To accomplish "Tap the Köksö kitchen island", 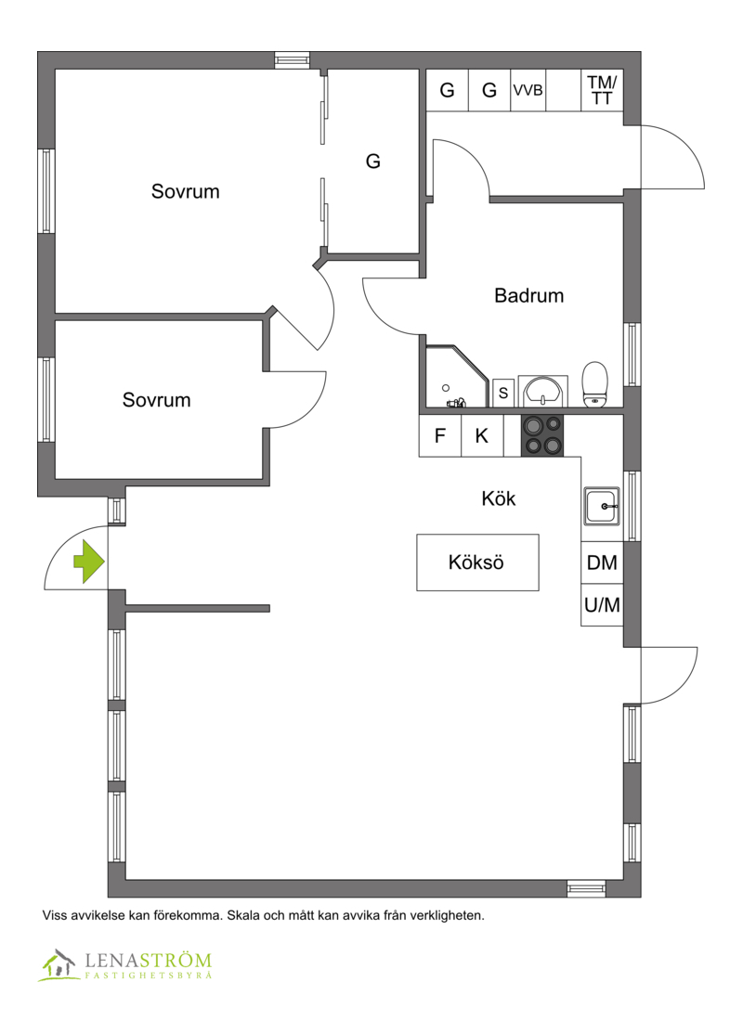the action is [x=477, y=562].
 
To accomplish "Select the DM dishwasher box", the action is [x=602, y=562].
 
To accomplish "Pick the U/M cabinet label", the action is [x=603, y=604].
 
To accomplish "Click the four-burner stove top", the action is [x=542, y=436].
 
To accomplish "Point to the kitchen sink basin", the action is [x=602, y=507].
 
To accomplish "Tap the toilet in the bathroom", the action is [x=595, y=384].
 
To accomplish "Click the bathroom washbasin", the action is [x=542, y=392].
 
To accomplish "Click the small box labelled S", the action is [x=503, y=393].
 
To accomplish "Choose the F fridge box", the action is [x=440, y=435].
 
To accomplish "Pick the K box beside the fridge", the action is [x=482, y=435].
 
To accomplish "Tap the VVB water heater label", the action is [x=528, y=90].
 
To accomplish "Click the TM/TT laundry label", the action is [x=602, y=90].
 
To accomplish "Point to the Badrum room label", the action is [x=529, y=295].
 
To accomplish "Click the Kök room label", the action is [x=499, y=498].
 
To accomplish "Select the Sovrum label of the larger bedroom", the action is [x=186, y=191].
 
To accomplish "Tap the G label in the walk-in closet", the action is [x=372, y=161].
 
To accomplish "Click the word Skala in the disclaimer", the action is [x=242, y=915].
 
